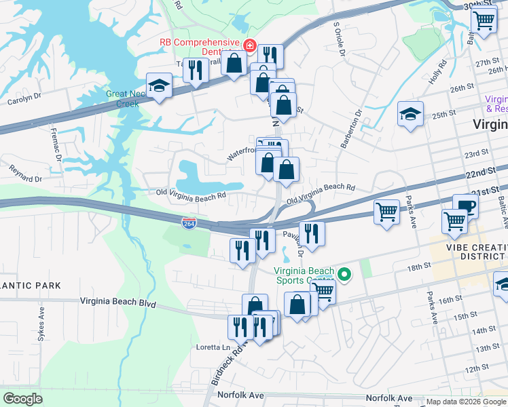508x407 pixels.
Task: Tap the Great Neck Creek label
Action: (122, 99)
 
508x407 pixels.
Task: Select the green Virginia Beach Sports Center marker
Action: (344, 275)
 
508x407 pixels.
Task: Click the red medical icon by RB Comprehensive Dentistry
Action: (250, 45)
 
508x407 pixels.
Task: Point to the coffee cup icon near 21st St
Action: (465, 206)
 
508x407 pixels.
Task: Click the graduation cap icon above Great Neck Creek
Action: (159, 85)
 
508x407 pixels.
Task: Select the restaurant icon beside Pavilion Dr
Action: (312, 232)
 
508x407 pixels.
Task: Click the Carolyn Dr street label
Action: (24, 96)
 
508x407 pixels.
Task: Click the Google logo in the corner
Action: (22, 399)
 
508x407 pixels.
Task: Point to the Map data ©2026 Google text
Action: (465, 402)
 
